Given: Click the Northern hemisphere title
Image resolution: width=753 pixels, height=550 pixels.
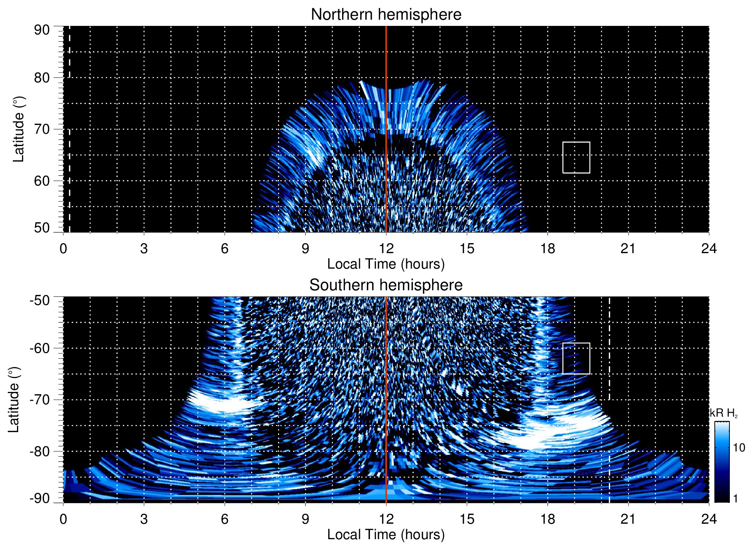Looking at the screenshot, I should pyautogui.click(x=386, y=15).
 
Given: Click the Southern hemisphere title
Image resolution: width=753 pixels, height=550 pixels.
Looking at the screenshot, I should pyautogui.click(x=386, y=285).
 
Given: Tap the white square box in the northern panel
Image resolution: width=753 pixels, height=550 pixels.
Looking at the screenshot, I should pyautogui.click(x=576, y=158).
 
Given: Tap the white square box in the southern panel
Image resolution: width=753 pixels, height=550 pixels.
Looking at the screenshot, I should pyautogui.click(x=576, y=358).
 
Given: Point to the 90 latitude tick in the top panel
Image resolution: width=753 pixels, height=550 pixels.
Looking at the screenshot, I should pyautogui.click(x=42, y=30).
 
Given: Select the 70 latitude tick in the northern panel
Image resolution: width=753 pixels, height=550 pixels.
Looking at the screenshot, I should pyautogui.click(x=42, y=129).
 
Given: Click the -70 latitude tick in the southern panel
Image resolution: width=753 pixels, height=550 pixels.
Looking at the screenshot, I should pyautogui.click(x=40, y=400).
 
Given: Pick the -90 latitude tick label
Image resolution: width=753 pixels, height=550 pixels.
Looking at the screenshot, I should pyautogui.click(x=40, y=499).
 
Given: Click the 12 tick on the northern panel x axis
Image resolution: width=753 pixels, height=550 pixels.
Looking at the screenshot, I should pyautogui.click(x=386, y=249).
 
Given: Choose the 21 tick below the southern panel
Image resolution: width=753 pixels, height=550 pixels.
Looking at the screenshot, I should pyautogui.click(x=628, y=519).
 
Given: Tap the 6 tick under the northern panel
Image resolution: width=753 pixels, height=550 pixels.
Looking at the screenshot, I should pyautogui.click(x=225, y=249).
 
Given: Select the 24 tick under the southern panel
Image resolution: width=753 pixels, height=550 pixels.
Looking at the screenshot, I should pyautogui.click(x=709, y=519).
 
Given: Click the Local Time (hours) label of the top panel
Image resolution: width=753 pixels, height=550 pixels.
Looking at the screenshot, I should pyautogui.click(x=386, y=264).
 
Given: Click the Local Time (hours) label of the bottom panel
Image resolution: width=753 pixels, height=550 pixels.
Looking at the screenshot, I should pyautogui.click(x=386, y=535).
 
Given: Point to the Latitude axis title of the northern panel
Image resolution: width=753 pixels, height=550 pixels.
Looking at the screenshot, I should pyautogui.click(x=19, y=129).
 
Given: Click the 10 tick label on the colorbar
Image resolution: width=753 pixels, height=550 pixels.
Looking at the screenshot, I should pyautogui.click(x=739, y=448).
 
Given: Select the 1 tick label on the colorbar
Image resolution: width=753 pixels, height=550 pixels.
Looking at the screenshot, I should pyautogui.click(x=735, y=499).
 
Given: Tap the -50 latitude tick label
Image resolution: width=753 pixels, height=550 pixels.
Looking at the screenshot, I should pyautogui.click(x=40, y=300).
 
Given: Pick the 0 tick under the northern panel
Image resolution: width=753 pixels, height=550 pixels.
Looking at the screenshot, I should pyautogui.click(x=63, y=249).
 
